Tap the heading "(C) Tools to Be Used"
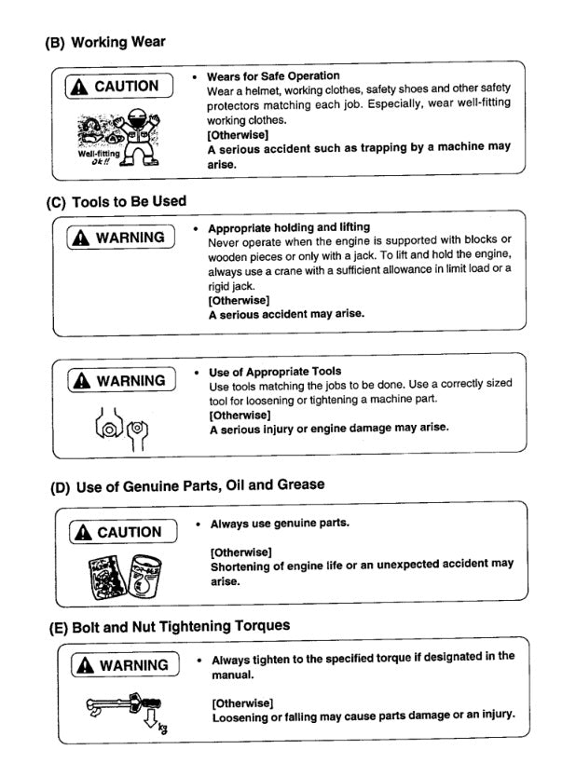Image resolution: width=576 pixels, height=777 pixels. pos(116,200)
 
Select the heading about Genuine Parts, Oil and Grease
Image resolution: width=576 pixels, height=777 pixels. pos(186,484)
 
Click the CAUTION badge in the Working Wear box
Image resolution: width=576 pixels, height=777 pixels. pos(119,87)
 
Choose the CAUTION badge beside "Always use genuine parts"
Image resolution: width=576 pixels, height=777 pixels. pos(121,532)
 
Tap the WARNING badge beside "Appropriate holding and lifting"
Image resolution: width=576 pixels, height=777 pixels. pos(121,237)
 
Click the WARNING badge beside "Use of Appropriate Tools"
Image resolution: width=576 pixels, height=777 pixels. pos(121,380)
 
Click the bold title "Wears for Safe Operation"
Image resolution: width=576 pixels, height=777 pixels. pos(272,75)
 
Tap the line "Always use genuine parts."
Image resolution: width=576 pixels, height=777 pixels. pos(280,523)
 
